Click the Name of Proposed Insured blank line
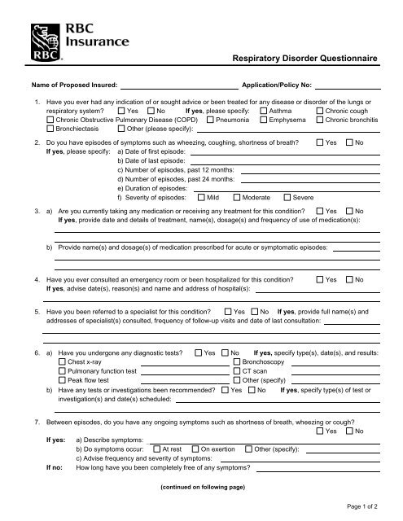[178, 85]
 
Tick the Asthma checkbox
[264, 110]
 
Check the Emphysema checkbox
[264, 119]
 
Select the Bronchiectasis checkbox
[51, 129]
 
